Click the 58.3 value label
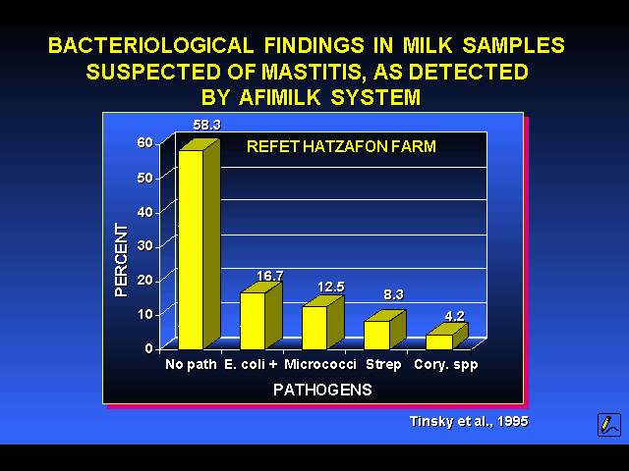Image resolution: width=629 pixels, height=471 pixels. point(206,125)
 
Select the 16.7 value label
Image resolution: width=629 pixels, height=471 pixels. point(270,276)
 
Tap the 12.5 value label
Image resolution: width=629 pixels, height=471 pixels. point(331,287)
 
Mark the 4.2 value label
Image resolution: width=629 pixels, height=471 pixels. point(454,316)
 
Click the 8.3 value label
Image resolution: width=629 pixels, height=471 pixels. point(393,294)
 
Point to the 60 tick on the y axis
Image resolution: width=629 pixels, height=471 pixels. point(144,142)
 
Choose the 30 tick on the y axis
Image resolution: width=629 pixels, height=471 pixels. point(144,245)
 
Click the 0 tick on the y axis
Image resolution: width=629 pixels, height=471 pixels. point(148,349)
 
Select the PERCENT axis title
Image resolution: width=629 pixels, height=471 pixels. point(121,260)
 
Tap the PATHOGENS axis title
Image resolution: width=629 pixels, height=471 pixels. point(322,390)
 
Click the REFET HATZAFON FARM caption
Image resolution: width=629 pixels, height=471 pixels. point(341,146)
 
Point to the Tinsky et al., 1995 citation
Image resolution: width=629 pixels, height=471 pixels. point(469,421)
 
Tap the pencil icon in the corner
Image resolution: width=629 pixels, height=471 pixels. point(609,425)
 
